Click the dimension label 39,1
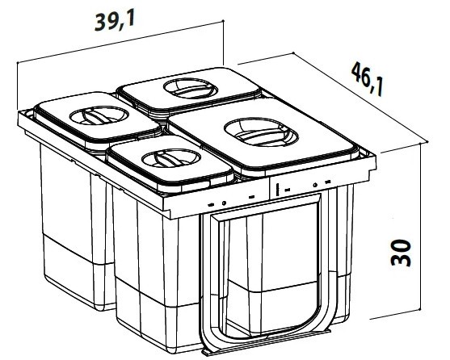[115, 21]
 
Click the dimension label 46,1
[367, 78]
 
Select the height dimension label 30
[401, 253]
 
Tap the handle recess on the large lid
[261, 132]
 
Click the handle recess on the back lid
[191, 88]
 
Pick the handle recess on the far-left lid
[99, 115]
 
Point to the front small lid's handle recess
[170, 158]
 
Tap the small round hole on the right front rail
[315, 185]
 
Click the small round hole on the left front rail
[224, 203]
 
